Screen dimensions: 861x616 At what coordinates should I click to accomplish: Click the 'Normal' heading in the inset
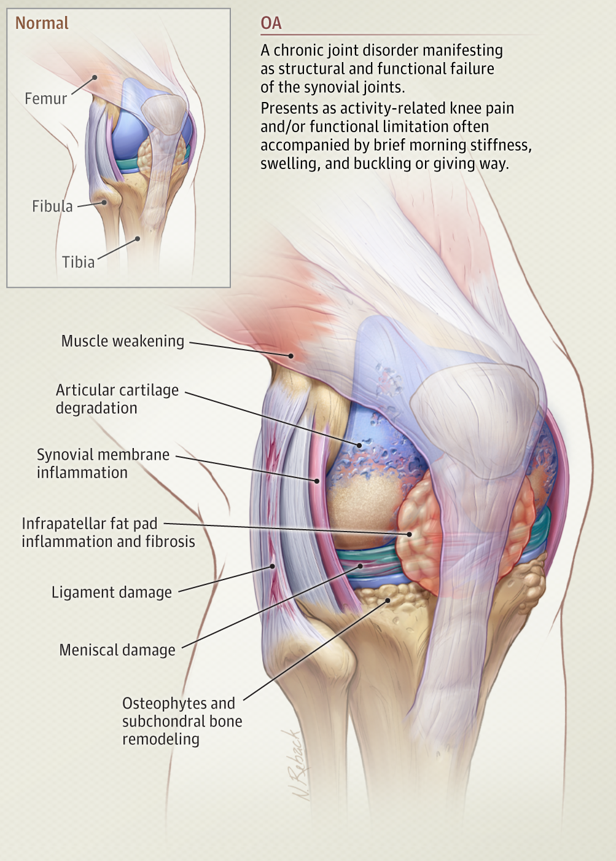point(42,23)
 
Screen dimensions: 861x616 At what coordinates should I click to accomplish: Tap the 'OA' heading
point(271,23)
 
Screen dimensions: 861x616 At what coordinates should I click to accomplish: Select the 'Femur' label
point(45,98)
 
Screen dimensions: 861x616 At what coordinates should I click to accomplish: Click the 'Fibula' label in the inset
point(52,206)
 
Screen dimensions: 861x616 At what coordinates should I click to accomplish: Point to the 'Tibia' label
point(78,262)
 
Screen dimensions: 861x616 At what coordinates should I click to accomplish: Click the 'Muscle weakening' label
point(122,341)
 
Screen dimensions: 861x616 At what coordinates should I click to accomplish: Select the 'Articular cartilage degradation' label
point(117,399)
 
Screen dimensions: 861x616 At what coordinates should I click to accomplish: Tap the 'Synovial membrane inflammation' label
point(103,463)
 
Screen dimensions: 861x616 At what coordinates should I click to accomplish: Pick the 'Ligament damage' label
point(111,592)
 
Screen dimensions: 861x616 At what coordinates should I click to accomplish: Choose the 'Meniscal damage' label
point(117,650)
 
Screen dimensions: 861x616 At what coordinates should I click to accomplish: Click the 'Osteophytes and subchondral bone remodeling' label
point(182,721)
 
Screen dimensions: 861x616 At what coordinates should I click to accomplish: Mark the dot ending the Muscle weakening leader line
point(291,356)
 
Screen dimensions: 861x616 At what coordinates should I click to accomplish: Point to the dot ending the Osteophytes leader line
point(388,600)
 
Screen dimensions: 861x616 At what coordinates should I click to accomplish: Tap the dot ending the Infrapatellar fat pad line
point(410,535)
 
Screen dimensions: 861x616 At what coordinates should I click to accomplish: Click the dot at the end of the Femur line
point(95,77)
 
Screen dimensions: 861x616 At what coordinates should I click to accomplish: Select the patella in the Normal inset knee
point(163,114)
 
